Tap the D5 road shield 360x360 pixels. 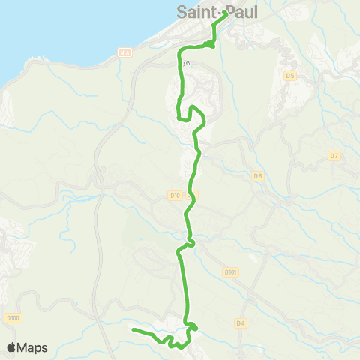point(290,76)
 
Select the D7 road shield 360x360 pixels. point(334,155)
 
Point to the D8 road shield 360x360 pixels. point(258,176)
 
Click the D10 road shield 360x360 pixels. point(175,196)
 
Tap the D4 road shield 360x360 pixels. point(240,323)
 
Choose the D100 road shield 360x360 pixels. point(12,318)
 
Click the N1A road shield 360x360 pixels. point(124,52)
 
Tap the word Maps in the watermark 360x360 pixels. point(33,347)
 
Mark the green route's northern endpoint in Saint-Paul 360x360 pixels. point(226,12)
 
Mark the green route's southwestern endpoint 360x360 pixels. point(133,329)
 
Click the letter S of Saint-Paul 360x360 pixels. point(181,11)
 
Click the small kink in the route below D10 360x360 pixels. point(190,241)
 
